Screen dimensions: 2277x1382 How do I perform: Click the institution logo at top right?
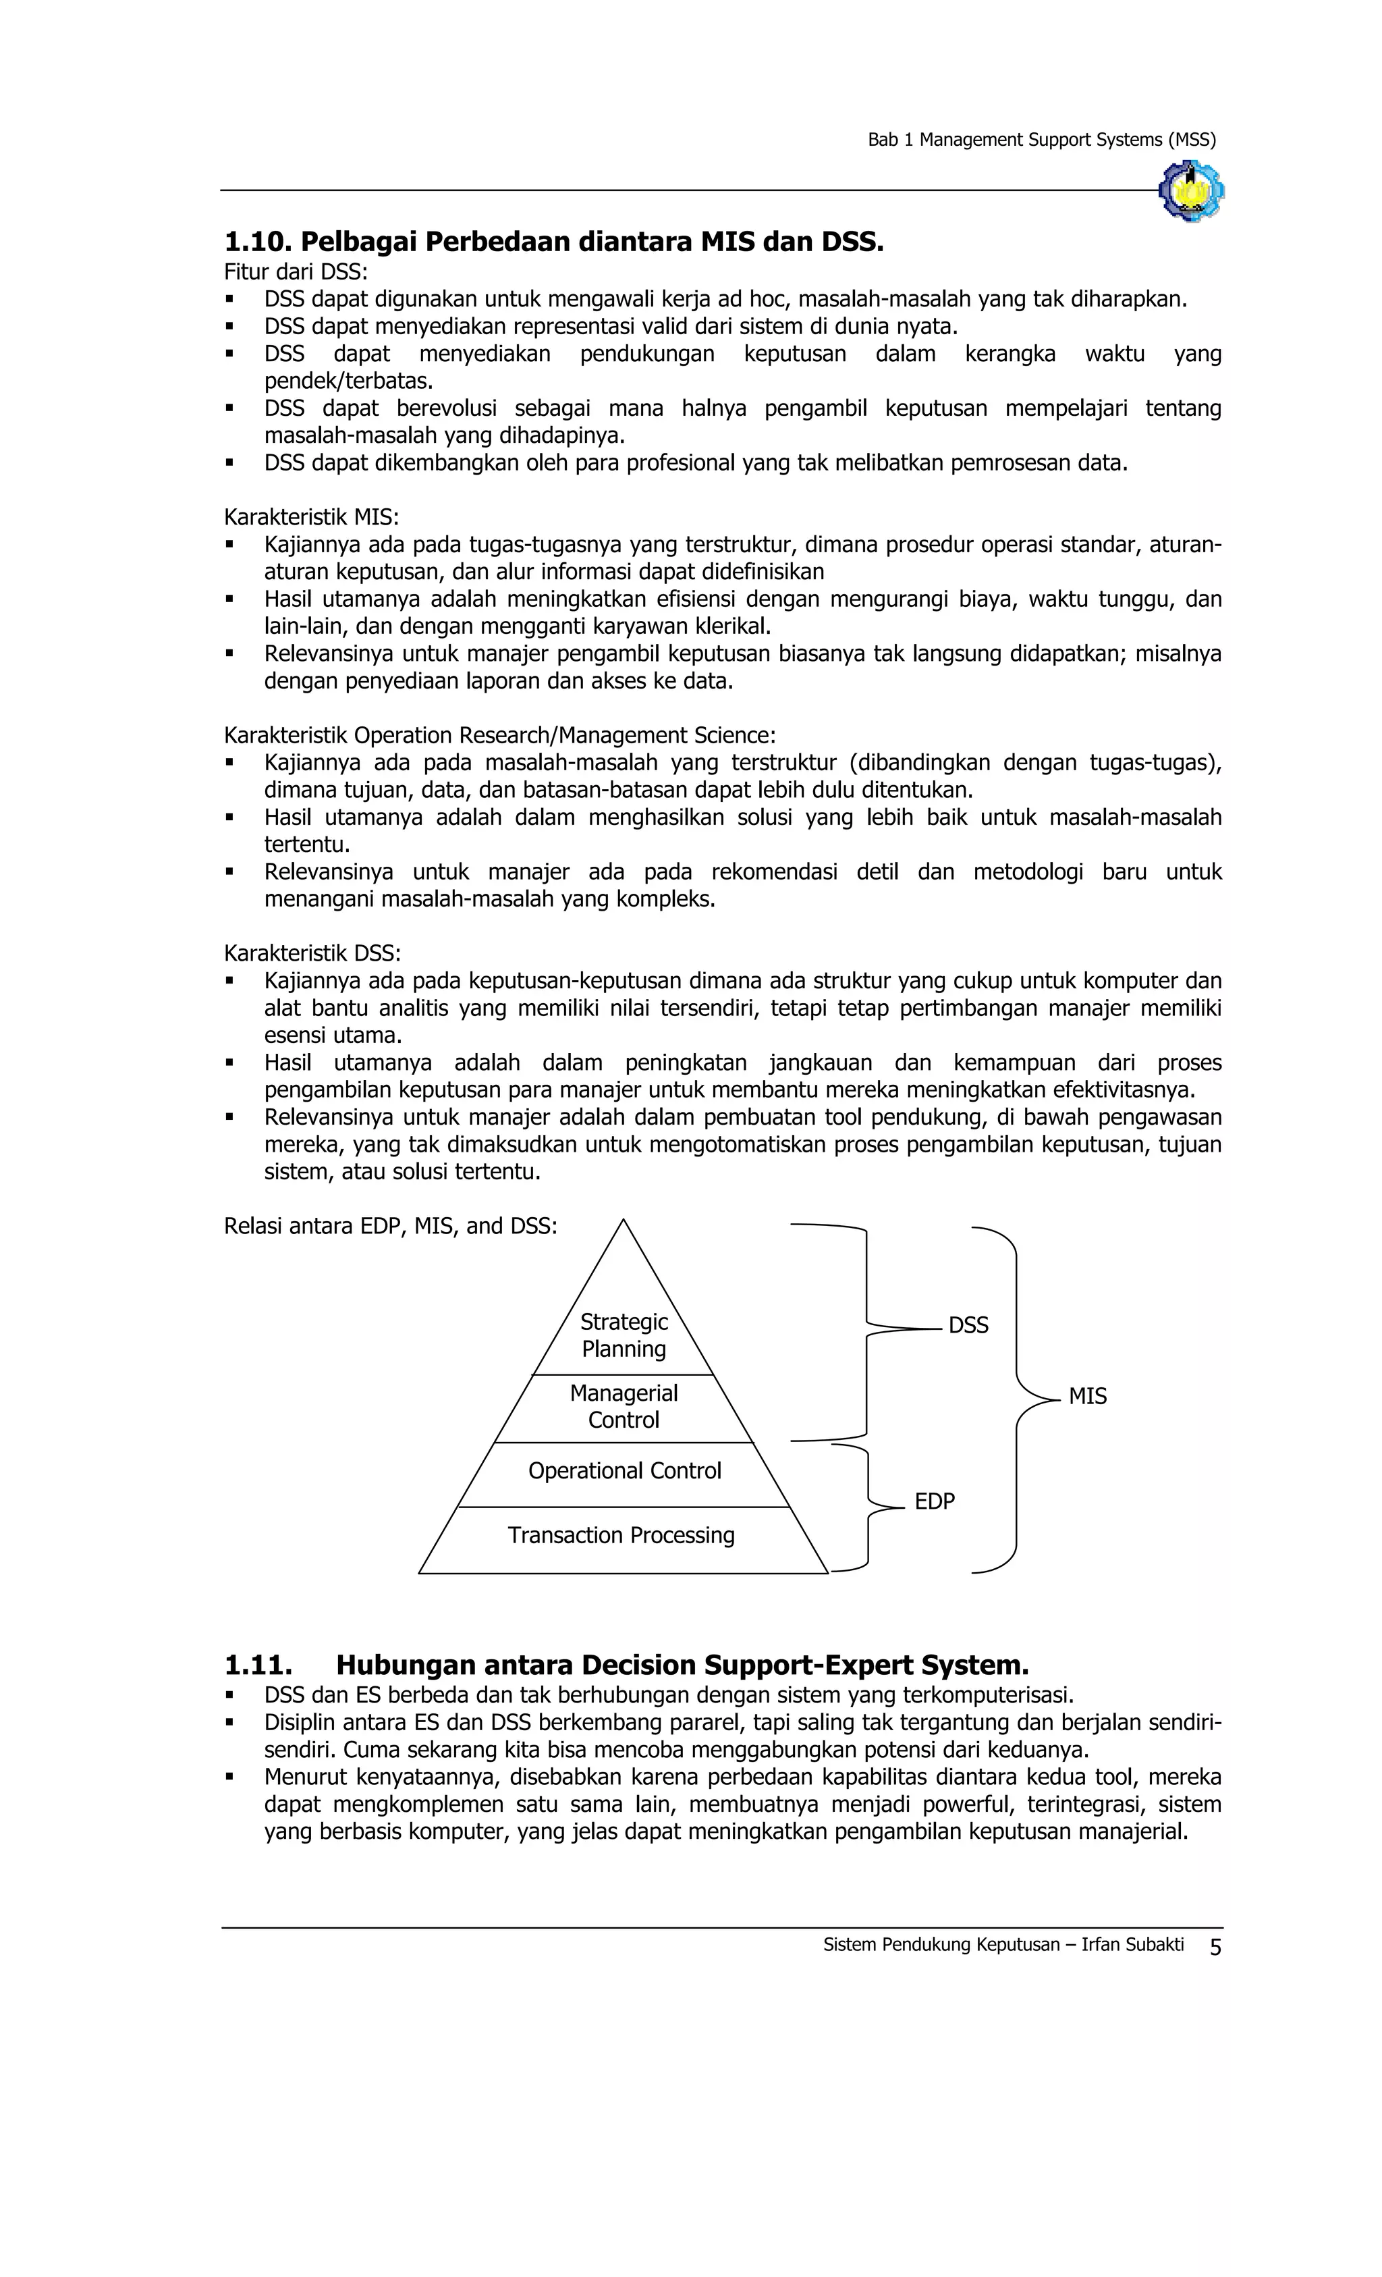pyautogui.click(x=1190, y=190)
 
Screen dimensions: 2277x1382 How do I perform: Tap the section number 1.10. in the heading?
pyautogui.click(x=258, y=242)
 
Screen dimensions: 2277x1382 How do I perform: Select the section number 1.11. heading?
pyautogui.click(x=258, y=1665)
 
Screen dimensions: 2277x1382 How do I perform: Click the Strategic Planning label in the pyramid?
pyautogui.click(x=624, y=1335)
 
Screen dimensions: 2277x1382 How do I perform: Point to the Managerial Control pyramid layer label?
pyautogui.click(x=624, y=1406)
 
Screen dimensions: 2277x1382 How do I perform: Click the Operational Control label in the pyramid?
pyautogui.click(x=624, y=1471)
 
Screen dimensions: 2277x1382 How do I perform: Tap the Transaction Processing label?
pyautogui.click(x=621, y=1536)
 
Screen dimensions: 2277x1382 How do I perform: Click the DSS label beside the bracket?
pyautogui.click(x=968, y=1326)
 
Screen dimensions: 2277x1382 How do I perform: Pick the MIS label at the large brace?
pyautogui.click(x=1087, y=1397)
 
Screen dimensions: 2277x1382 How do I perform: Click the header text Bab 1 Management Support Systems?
pyautogui.click(x=1041, y=140)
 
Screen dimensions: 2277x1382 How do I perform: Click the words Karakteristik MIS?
pyautogui.click(x=311, y=516)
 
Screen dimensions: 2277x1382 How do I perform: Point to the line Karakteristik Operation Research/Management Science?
pyautogui.click(x=499, y=736)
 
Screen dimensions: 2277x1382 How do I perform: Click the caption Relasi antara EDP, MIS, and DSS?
pyautogui.click(x=390, y=1227)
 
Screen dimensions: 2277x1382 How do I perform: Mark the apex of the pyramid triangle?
pyautogui.click(x=624, y=1222)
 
